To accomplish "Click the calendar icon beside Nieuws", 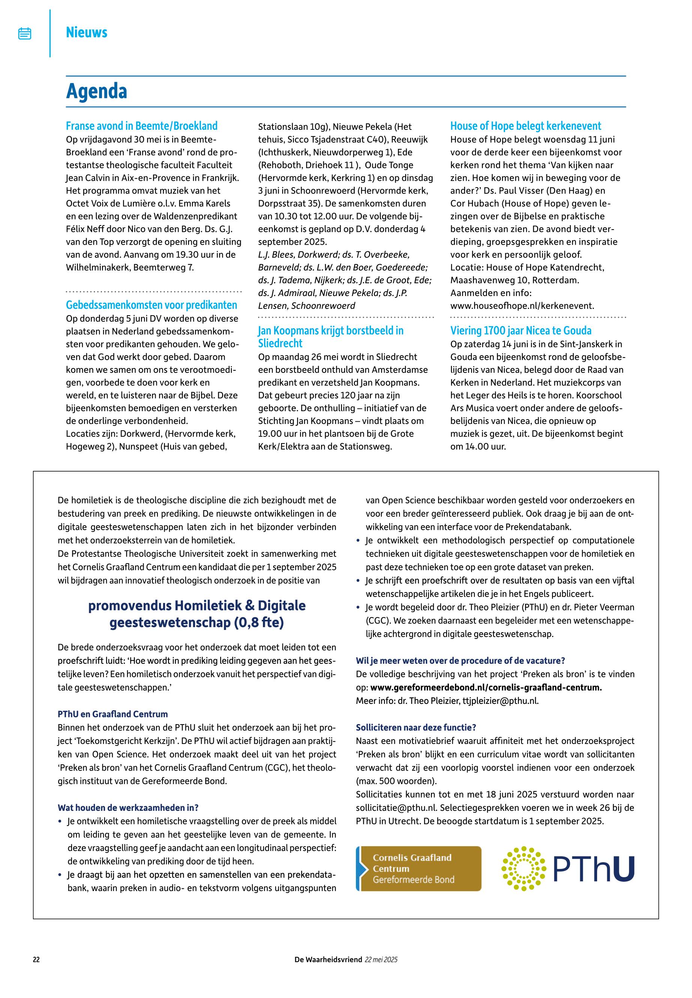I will point(25,33).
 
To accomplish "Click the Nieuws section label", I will point(86,33).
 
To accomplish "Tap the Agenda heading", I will point(96,92).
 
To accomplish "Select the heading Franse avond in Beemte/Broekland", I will point(141,126).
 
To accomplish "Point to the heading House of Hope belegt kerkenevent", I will point(525,126).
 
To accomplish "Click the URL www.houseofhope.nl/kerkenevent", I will point(522,306).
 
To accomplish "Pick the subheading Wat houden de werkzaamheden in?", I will point(128,808).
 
